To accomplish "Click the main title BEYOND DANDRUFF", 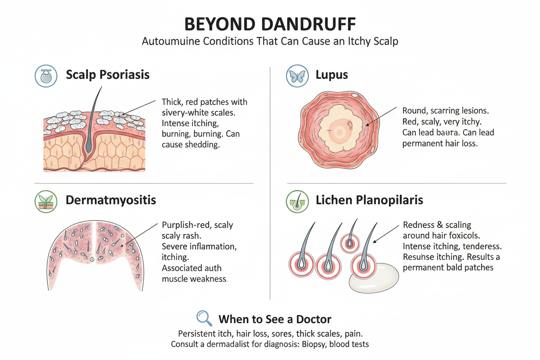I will point(270,24).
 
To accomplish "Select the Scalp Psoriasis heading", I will point(108,75).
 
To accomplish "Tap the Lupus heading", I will point(331,75).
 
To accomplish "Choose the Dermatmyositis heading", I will point(111,200).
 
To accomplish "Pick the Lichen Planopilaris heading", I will point(370,200).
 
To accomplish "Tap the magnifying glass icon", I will point(204,318).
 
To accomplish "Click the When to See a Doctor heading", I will point(275,320).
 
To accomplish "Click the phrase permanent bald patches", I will point(448,267).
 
